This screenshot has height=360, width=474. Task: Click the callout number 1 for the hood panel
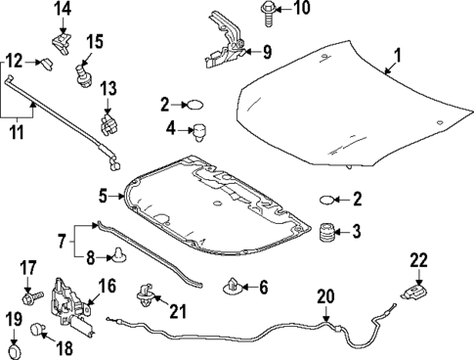click(x=398, y=55)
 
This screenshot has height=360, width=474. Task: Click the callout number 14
click(x=62, y=10)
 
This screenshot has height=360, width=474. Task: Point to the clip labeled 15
click(x=82, y=72)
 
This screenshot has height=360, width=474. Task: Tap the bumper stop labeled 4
click(x=202, y=129)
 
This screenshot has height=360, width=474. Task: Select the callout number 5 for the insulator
click(x=103, y=196)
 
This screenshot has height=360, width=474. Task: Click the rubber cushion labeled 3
click(x=325, y=234)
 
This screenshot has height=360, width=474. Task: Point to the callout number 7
click(x=60, y=240)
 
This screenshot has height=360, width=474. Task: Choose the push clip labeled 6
click(x=234, y=288)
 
